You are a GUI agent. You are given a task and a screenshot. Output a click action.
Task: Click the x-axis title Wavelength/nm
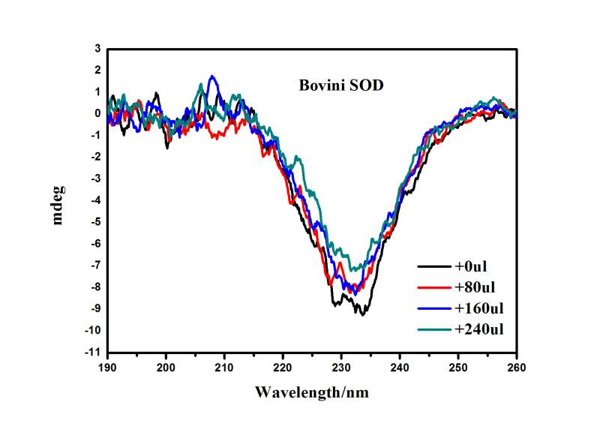coord(311,391)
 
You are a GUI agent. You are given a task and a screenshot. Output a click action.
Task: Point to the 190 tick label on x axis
coord(108,367)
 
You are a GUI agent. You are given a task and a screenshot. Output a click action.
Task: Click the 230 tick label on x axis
coord(341,367)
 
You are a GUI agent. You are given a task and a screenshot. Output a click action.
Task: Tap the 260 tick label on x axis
coord(516,367)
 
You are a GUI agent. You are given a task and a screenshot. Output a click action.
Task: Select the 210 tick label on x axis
coord(224,367)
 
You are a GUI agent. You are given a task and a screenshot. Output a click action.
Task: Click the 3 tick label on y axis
coord(97,48)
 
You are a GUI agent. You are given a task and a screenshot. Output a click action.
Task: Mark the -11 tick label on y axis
coord(93,352)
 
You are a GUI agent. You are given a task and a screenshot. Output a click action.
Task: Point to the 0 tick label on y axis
coord(97,113)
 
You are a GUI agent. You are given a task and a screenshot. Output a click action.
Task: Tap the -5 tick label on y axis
coord(95,222)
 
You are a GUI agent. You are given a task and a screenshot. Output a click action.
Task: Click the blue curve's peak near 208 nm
coord(213,76)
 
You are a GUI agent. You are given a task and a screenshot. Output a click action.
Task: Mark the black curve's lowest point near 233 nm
coord(363,314)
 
